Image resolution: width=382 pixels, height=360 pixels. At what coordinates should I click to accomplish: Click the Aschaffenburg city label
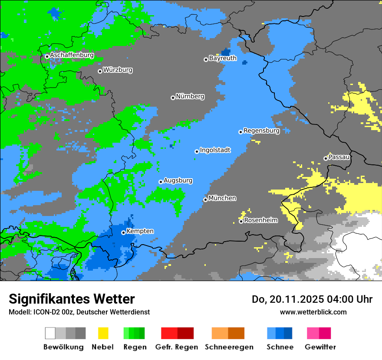[72, 56]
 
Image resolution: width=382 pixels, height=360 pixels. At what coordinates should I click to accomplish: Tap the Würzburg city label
[118, 70]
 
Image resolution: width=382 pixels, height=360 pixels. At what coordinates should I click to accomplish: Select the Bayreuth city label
[223, 58]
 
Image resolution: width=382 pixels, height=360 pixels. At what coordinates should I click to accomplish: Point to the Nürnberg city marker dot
[173, 98]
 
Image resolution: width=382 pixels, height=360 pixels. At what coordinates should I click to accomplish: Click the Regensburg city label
[261, 131]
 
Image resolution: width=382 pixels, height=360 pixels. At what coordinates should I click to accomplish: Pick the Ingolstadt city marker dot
[197, 151]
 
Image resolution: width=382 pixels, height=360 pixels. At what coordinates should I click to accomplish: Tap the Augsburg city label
[178, 180]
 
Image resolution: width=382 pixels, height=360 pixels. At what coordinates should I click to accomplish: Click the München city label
[222, 198]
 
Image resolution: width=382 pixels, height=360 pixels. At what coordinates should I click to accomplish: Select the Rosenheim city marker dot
[241, 222]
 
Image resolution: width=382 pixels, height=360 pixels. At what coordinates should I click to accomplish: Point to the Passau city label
[339, 157]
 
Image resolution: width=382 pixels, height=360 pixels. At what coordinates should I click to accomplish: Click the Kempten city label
[140, 231]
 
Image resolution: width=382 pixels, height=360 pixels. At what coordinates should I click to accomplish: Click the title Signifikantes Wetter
[72, 299]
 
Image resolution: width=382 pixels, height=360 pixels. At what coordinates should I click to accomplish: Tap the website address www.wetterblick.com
[313, 312]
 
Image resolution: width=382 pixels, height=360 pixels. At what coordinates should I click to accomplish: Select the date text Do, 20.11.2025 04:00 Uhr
[312, 299]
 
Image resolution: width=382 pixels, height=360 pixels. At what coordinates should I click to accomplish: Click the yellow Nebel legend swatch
[103, 333]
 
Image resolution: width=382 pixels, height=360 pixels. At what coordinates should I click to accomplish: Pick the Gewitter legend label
[320, 347]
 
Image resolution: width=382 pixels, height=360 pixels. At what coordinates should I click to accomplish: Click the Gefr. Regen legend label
[177, 347]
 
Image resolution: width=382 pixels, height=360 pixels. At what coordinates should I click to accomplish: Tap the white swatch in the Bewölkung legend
[50, 333]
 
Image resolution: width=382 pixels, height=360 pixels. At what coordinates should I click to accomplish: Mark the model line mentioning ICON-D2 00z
[79, 312]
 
